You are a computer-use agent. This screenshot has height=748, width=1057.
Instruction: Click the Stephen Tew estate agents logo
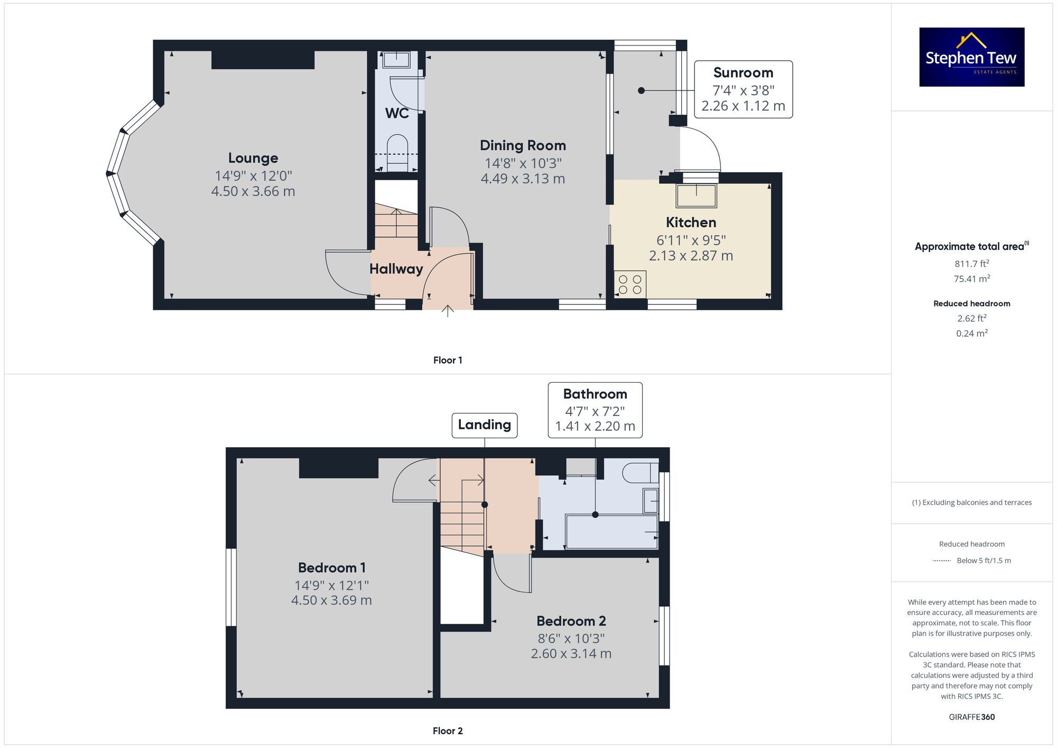coord(971,57)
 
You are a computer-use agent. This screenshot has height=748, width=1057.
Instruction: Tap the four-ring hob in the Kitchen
coord(630,284)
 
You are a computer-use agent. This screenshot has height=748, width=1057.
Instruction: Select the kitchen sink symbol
coord(696,196)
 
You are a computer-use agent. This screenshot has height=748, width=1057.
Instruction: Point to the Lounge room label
coord(253,158)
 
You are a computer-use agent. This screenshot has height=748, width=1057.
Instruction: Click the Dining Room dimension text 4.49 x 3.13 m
coord(523,179)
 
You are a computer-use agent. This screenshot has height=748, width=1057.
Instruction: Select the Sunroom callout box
coord(743,89)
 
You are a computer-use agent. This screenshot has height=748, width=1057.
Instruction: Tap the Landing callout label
coord(484,425)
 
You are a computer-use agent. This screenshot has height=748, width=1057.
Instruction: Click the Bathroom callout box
coord(595,410)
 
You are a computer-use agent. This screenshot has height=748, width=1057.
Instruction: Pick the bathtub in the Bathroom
coord(611,532)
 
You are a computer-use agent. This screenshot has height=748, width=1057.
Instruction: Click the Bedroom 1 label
coord(332,568)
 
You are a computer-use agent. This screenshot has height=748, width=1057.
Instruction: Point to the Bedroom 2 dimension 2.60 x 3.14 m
coord(571,654)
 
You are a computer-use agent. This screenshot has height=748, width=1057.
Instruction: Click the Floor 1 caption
coord(448,360)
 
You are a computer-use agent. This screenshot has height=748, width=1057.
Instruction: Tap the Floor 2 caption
coord(448,731)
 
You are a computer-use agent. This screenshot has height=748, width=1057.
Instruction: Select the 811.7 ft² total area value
coord(971,263)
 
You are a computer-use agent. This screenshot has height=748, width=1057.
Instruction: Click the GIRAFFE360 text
coord(971,717)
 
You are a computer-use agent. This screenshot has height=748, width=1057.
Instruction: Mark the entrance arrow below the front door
coord(448,311)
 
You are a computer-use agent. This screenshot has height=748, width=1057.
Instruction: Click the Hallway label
coord(396,269)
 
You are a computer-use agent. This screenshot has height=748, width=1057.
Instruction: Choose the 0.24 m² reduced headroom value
coord(971,333)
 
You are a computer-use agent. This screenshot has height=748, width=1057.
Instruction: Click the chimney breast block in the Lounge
coord(263,60)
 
